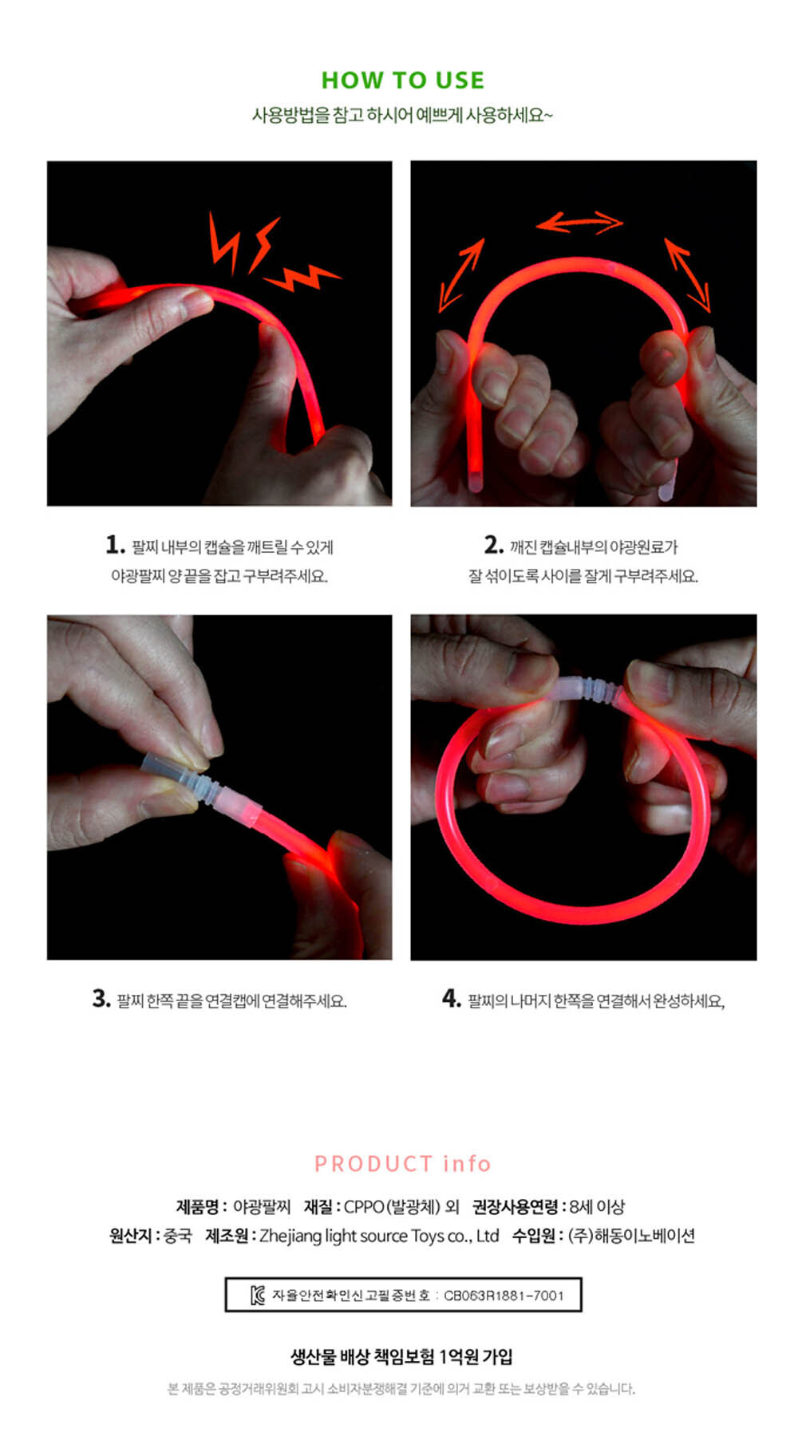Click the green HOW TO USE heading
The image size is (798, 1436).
pyautogui.click(x=403, y=81)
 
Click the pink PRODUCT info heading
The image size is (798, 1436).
pyautogui.click(x=403, y=1164)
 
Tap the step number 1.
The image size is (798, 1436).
pyautogui.click(x=115, y=545)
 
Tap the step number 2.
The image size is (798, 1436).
pyautogui.click(x=494, y=545)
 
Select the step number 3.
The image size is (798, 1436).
pyautogui.click(x=101, y=999)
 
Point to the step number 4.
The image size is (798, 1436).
pyautogui.click(x=452, y=999)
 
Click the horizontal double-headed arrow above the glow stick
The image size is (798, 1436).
pyautogui.click(x=579, y=223)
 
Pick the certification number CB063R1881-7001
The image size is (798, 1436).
pyautogui.click(x=504, y=1296)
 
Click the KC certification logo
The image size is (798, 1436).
pyautogui.click(x=257, y=1296)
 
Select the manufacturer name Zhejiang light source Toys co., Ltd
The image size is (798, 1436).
pyautogui.click(x=379, y=1236)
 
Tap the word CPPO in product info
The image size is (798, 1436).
pyautogui.click(x=364, y=1207)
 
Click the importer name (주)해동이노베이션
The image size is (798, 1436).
pyautogui.click(x=631, y=1236)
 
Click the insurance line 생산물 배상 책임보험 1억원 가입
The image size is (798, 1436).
pyautogui.click(x=401, y=1356)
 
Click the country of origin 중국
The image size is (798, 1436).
pyautogui.click(x=178, y=1236)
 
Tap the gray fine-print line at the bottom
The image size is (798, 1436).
pyautogui.click(x=401, y=1389)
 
